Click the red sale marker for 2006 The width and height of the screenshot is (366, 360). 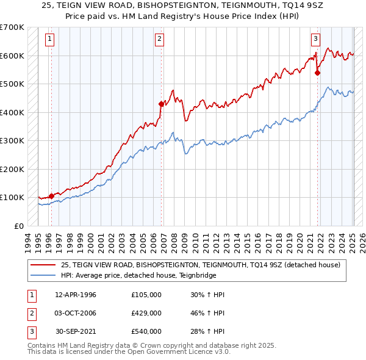[x=161, y=104]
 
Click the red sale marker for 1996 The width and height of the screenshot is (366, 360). [x=51, y=196]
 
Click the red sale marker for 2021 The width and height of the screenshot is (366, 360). [x=317, y=73]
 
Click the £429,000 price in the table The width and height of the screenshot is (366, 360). [x=146, y=313]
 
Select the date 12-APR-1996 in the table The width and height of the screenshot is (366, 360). [x=76, y=295]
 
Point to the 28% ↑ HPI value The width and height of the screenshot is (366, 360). [x=208, y=331]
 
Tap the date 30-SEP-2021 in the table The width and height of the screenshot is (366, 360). [x=76, y=331]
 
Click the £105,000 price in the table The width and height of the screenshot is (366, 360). [x=146, y=295]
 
